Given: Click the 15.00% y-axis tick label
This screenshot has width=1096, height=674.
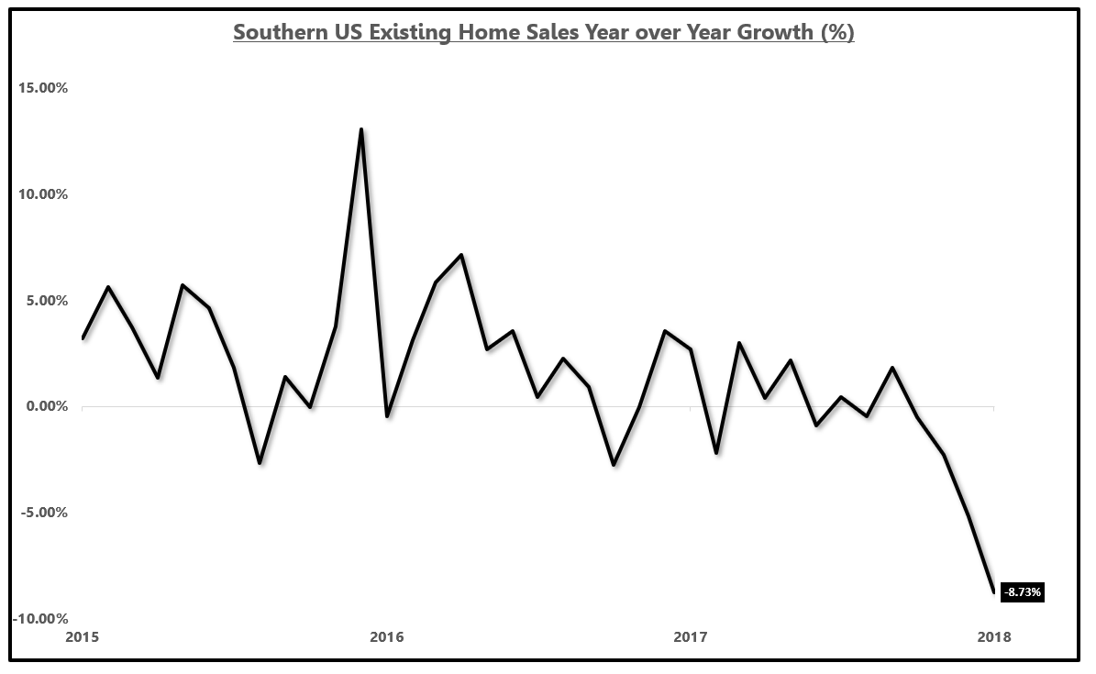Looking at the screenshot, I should pos(39,88).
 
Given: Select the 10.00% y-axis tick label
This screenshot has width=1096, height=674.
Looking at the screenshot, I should pos(39,194).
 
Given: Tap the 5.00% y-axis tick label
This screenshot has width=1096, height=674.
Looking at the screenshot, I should pos(42,301).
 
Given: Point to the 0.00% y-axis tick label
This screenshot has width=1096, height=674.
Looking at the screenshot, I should pos(42,406).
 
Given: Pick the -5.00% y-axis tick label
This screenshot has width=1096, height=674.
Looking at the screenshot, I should pos(40,513).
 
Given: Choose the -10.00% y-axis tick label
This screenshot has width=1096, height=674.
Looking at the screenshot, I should pos(38,619).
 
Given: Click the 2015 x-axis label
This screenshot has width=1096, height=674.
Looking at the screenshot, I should pos(83,636).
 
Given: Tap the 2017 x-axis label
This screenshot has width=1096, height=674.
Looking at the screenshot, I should pos(690,636).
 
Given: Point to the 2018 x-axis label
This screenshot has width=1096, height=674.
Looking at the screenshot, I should pos(993,636).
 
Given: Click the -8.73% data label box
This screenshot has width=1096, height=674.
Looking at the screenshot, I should pos(1022,592).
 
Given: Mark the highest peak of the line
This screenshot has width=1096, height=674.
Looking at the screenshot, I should pos(361,129).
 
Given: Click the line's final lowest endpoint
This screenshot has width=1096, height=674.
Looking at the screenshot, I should pos(993,591).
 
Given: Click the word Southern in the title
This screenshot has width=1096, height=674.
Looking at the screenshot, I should pos(273,33).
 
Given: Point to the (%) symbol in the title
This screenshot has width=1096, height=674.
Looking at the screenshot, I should pos(837,33).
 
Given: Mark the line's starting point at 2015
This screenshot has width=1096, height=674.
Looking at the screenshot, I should pos(83,338).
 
